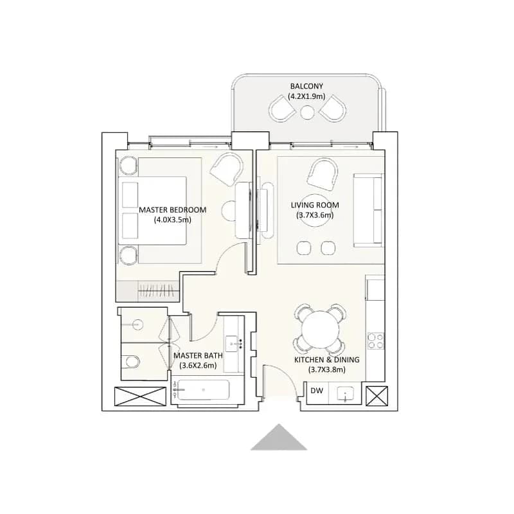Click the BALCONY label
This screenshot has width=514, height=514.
306,86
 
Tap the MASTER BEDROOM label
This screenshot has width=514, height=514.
172,210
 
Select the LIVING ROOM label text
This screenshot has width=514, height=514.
315,205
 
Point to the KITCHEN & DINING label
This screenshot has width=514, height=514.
326,360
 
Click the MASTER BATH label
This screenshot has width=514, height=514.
198,355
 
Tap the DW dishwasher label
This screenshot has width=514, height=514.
317,391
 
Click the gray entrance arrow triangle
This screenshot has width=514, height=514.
279,437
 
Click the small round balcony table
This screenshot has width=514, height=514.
307,112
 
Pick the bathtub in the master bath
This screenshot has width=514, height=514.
203,390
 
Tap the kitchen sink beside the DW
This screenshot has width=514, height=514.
345,393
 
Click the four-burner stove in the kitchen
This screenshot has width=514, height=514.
376,341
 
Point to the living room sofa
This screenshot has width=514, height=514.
368,211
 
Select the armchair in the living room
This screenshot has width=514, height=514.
323,172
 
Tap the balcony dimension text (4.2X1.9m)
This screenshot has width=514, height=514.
306,96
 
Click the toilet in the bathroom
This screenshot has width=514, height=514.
131,362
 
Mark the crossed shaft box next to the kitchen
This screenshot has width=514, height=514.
377,396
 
